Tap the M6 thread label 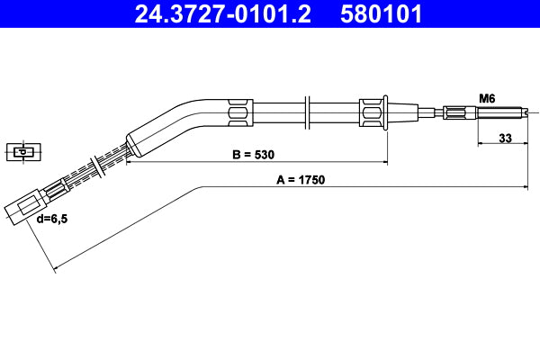(x=487, y=97)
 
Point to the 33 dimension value (x=505, y=139)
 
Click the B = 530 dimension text (x=254, y=155)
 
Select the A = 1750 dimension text (x=300, y=179)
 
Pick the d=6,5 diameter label (x=51, y=218)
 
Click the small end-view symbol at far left (x=19, y=150)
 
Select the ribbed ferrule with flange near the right (x=372, y=112)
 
